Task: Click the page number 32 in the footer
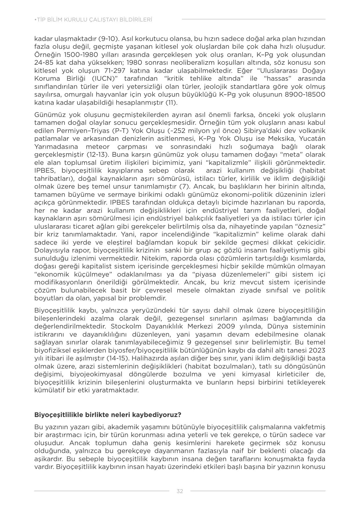tap(180, 491)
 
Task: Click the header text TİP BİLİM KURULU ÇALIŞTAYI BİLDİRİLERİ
tap(93, 20)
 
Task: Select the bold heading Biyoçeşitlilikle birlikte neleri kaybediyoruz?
tap(108, 415)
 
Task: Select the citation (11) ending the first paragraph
tap(171, 102)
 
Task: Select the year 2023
tap(317, 350)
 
